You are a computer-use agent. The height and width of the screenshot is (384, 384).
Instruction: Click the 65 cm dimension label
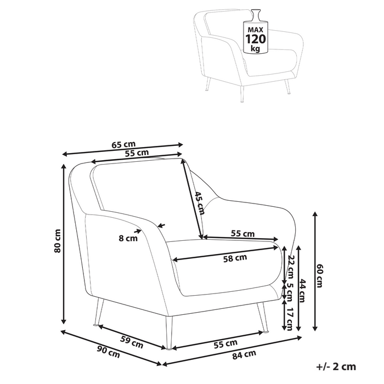tap(123, 145)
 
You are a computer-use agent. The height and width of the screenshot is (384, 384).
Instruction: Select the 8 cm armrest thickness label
tap(128, 238)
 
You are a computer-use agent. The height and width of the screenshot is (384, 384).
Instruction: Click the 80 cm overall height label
tap(58, 241)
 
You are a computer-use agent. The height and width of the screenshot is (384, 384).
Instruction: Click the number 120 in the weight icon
tap(255, 39)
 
